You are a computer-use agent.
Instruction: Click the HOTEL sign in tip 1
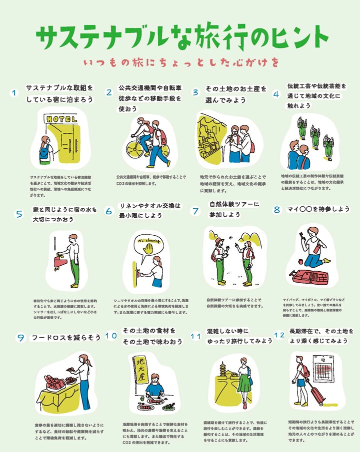pos(61,119)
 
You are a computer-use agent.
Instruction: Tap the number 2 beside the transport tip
pos(109,92)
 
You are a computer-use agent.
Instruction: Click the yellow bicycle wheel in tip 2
pos(138,150)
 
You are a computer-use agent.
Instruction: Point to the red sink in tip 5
pos(58,260)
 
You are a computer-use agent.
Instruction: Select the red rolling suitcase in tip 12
pos(318,396)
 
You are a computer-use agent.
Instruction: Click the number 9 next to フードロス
pos(20,338)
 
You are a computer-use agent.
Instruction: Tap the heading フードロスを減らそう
pos(66,338)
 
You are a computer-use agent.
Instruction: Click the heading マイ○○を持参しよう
pos(318,209)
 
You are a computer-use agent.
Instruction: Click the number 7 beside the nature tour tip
pos(195,211)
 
